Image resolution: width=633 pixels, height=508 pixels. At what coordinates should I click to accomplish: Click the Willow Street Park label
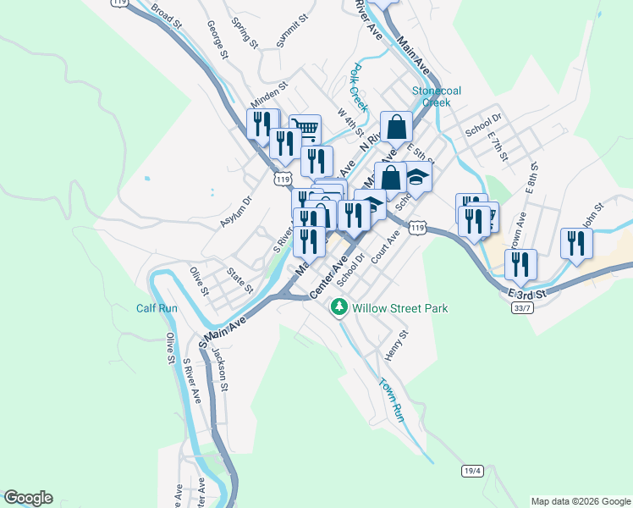tap(400, 309)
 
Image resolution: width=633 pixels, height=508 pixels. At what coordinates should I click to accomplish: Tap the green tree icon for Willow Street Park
tap(339, 308)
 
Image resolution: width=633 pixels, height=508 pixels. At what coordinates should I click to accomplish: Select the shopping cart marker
tap(305, 130)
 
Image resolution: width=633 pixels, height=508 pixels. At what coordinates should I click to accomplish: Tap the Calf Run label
tap(157, 308)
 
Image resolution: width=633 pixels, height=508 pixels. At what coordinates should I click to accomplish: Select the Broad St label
tap(167, 15)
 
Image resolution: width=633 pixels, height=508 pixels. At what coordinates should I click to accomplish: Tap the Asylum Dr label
tap(237, 212)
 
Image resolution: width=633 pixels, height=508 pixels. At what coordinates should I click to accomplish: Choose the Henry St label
tap(395, 345)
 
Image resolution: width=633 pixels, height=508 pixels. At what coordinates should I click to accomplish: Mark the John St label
tap(593, 211)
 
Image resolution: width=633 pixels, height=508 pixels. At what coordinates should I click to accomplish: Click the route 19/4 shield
tap(472, 470)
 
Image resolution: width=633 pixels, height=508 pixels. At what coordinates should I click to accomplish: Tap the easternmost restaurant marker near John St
tap(576, 242)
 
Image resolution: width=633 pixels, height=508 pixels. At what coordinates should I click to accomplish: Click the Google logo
tap(28, 498)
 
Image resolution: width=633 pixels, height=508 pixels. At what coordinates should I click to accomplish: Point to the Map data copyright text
tap(580, 501)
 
